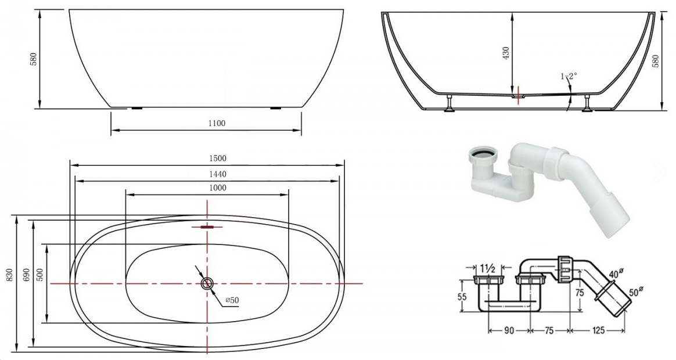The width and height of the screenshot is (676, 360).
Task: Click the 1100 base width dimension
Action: click(x=217, y=123)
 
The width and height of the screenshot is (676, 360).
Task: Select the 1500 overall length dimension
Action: click(x=218, y=159)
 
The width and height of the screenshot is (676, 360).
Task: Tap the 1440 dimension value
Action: click(x=218, y=174)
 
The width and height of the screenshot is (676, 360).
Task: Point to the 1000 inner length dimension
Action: click(x=218, y=188)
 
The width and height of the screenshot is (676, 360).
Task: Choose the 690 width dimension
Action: click(x=26, y=276)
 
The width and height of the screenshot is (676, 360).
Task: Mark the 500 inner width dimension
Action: click(x=40, y=275)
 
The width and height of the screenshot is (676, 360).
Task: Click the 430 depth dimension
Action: click(x=506, y=53)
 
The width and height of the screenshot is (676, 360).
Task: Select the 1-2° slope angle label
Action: click(x=569, y=76)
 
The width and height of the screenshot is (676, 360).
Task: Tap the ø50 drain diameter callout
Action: click(x=232, y=300)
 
